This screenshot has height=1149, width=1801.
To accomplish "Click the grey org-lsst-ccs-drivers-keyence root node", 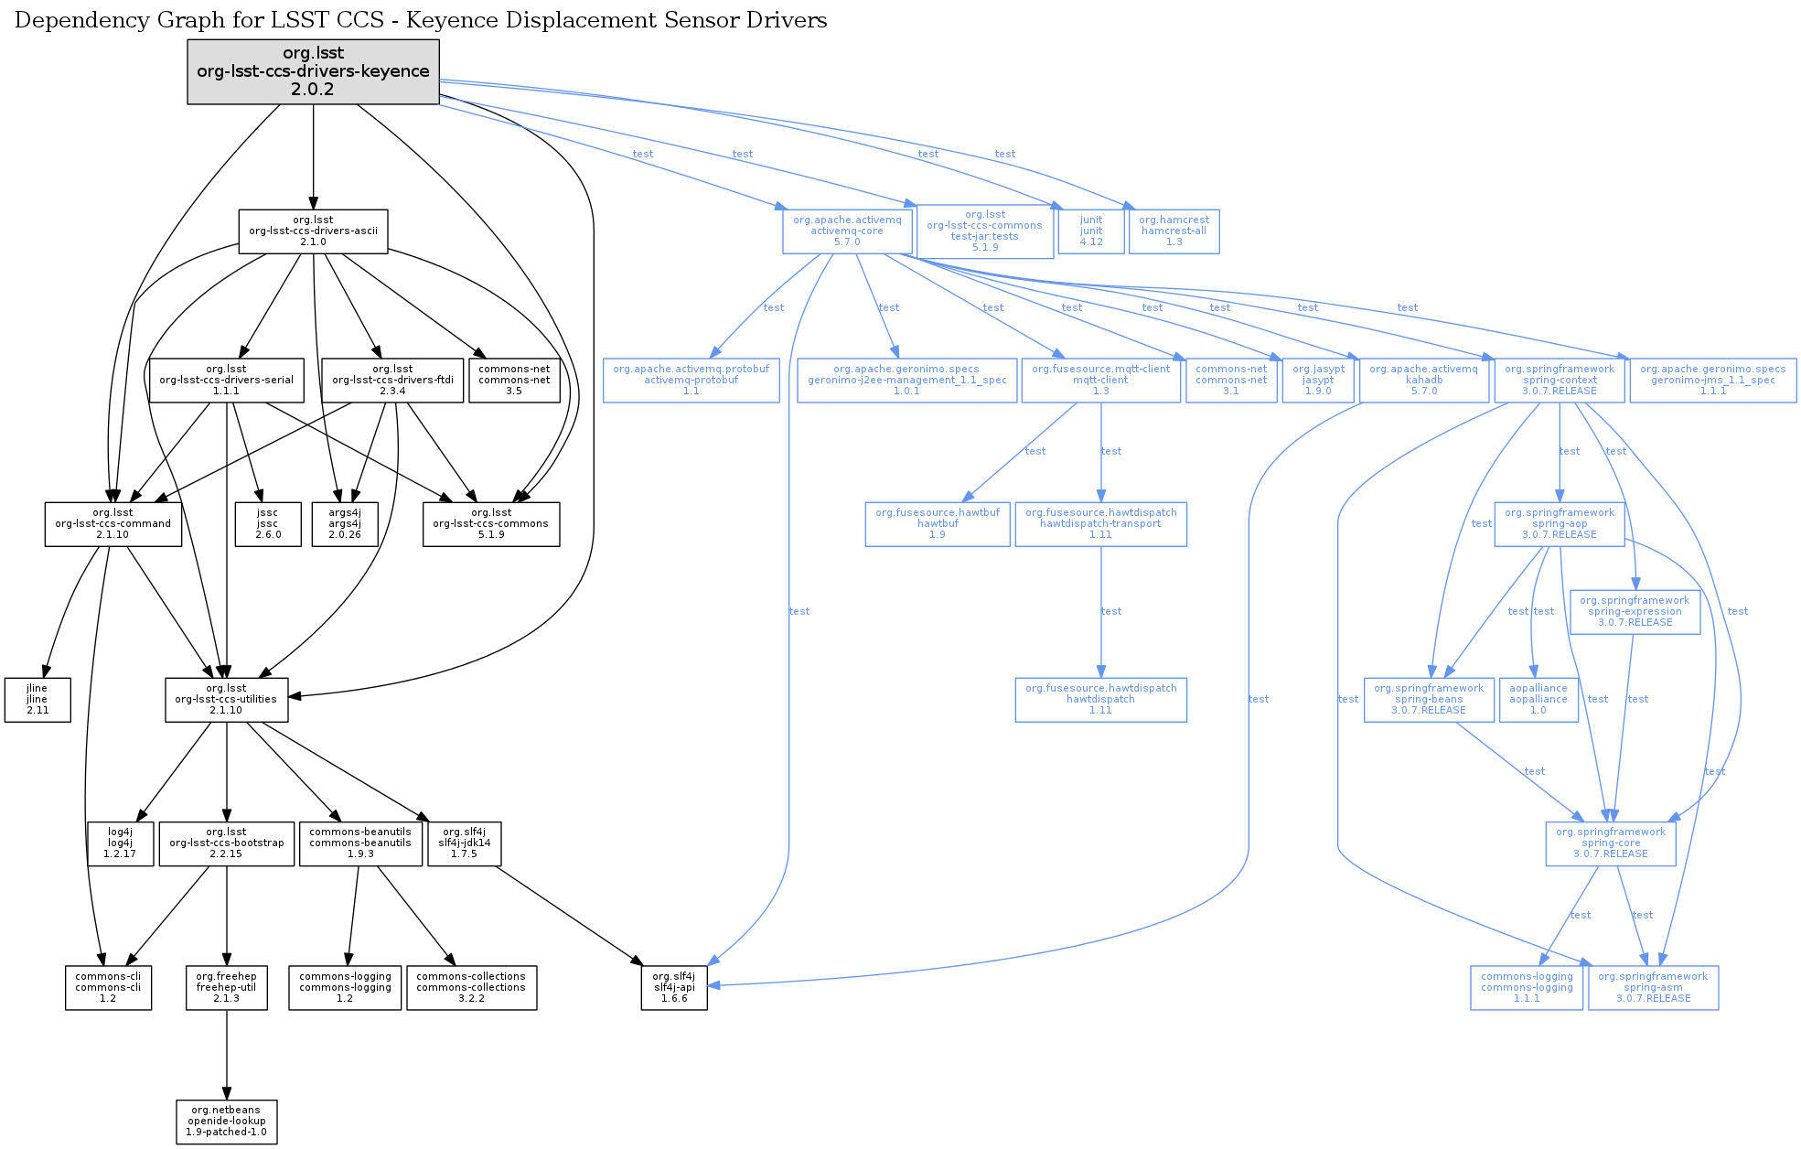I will pyautogui.click(x=313, y=71).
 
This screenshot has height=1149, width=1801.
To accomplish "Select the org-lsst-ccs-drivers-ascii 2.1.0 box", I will pyautogui.click(x=313, y=231).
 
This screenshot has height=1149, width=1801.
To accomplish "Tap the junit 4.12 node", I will pyautogui.click(x=1090, y=231).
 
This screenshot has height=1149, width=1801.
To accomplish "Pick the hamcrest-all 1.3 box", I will pyautogui.click(x=1174, y=231).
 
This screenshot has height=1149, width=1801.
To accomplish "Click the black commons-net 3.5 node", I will pyautogui.click(x=514, y=381).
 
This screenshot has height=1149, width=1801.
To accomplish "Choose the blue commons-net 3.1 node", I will pyautogui.click(x=1231, y=381).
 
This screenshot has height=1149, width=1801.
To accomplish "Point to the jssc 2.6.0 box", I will pyautogui.click(x=267, y=524).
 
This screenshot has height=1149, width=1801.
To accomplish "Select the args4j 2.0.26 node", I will pyautogui.click(x=345, y=524).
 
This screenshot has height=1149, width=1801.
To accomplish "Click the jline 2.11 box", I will pyautogui.click(x=38, y=700).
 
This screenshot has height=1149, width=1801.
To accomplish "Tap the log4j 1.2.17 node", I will pyautogui.click(x=120, y=843).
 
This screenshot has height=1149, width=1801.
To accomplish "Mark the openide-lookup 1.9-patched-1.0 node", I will pyautogui.click(x=227, y=1122).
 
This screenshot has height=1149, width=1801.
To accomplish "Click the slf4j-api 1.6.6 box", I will pyautogui.click(x=674, y=988).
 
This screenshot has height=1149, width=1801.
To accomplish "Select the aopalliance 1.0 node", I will pyautogui.click(x=1538, y=700).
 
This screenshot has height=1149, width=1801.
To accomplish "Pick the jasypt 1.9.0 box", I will pyautogui.click(x=1317, y=381).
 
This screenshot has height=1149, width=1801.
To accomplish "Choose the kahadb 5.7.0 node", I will pyautogui.click(x=1423, y=381).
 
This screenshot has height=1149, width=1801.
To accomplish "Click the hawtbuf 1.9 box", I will pyautogui.click(x=938, y=524).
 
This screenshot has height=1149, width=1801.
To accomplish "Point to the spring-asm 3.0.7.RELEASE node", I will pyautogui.click(x=1653, y=988).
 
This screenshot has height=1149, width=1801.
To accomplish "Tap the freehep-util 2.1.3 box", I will pyautogui.click(x=227, y=988).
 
